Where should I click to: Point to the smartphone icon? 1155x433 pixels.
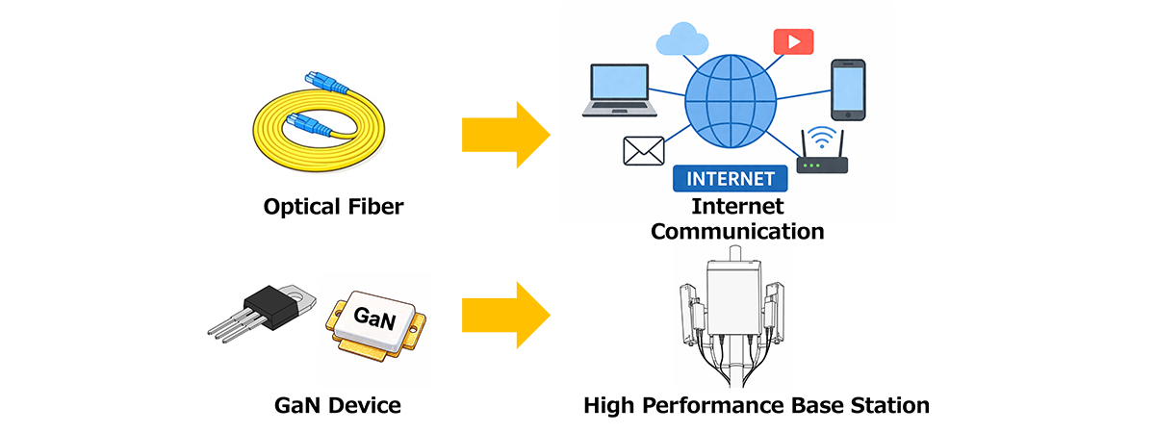click(848, 89)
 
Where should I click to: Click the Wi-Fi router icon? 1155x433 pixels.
click(823, 164)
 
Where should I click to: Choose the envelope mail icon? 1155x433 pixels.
click(644, 151)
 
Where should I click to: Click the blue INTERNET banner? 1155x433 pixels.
click(730, 179)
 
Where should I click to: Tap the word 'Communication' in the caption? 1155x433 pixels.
click(737, 231)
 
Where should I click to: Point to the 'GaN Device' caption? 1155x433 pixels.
click(333, 405)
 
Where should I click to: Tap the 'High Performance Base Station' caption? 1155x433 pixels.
click(757, 405)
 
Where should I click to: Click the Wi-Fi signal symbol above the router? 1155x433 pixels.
click(819, 136)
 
